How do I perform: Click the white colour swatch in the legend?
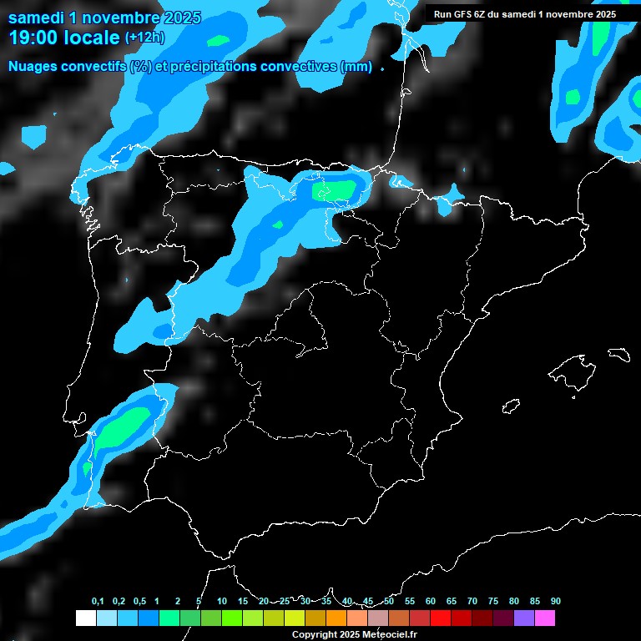click(x=85, y=618)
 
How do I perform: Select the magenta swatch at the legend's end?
click(x=545, y=618)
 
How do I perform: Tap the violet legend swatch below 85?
click(x=524, y=618)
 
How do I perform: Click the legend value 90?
click(x=555, y=602)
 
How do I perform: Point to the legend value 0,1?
click(x=98, y=602)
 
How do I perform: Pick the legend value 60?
click(x=430, y=602)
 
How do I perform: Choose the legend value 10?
click(x=221, y=602)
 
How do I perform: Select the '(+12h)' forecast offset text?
click(x=144, y=37)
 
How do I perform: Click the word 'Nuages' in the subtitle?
click(x=34, y=67)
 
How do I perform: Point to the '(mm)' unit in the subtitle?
click(x=356, y=67)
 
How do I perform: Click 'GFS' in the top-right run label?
click(x=467, y=14)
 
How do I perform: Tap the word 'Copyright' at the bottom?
click(x=314, y=635)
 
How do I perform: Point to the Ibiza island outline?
click(x=511, y=405)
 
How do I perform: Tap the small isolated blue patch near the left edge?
click(x=34, y=135)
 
